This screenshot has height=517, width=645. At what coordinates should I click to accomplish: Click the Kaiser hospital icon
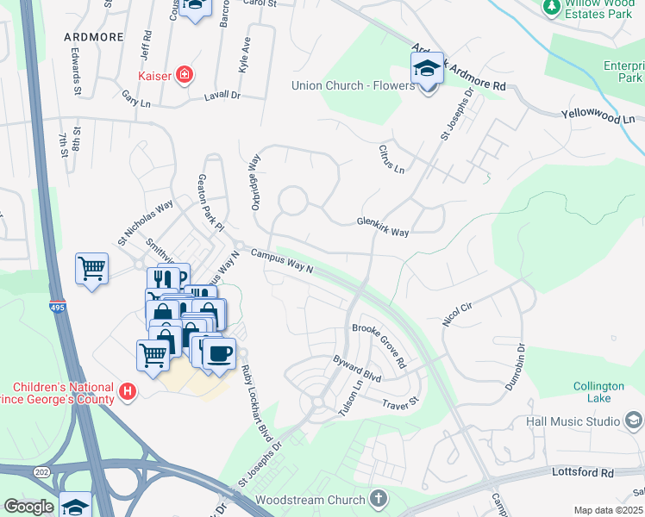pyautogui.click(x=183, y=75)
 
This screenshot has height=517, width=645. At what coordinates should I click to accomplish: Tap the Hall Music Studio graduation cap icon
pyautogui.click(x=633, y=421)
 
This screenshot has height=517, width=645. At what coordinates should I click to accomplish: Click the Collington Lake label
pyautogui.click(x=592, y=392)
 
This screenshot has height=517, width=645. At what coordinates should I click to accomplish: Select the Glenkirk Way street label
pyautogui.click(x=383, y=222)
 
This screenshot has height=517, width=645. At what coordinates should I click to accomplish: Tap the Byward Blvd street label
pyautogui.click(x=357, y=371)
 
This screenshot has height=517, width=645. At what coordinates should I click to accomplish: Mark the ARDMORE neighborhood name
pyautogui.click(x=93, y=37)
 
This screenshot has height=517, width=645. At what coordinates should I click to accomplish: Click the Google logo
pyautogui.click(x=28, y=507)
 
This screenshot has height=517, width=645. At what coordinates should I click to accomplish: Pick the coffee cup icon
pyautogui.click(x=218, y=352)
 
